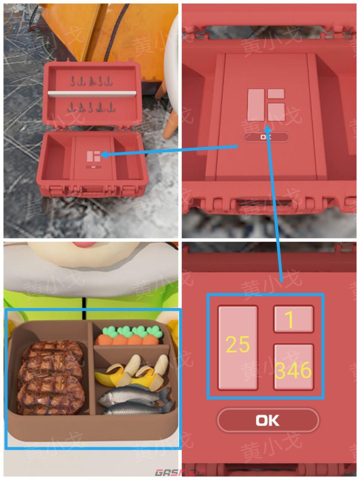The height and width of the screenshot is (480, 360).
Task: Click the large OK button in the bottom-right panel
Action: [268, 420]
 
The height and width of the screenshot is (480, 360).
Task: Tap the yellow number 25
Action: [238, 344]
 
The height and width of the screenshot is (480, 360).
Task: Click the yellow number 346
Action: [293, 370]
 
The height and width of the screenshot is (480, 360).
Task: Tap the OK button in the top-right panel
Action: [266, 137]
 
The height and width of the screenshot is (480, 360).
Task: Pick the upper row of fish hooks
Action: [91, 81]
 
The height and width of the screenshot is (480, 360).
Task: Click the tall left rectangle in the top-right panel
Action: [256, 105]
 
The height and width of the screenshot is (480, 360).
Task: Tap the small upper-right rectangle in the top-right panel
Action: [276, 94]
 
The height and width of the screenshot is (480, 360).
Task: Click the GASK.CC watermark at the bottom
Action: [180, 473]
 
